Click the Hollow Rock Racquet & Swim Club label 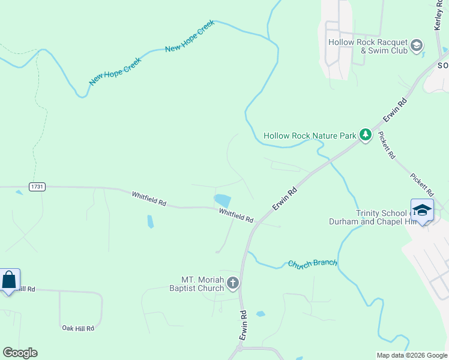pyautogui.click(x=367, y=46)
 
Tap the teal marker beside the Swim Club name pyautogui.click(x=417, y=45)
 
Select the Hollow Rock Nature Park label pyautogui.click(x=310, y=136)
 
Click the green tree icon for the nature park pyautogui.click(x=365, y=135)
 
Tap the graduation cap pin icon pyautogui.click(x=422, y=210)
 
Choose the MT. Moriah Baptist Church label pyautogui.click(x=202, y=284)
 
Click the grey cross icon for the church pyautogui.click(x=232, y=283)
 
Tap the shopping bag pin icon pyautogui.click(x=9, y=280)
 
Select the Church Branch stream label pyautogui.click(x=312, y=263)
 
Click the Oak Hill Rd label pyautogui.click(x=78, y=328)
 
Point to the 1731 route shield pyautogui.click(x=37, y=187)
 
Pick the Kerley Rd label pyautogui.click(x=438, y=16)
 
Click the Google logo pyautogui.click(x=20, y=353)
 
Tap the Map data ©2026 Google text pyautogui.click(x=411, y=355)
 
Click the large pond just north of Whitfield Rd pyautogui.click(x=222, y=200)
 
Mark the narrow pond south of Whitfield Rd pyautogui.click(x=149, y=221)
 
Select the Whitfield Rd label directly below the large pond pyautogui.click(x=236, y=215)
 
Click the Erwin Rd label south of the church pyautogui.click(x=243, y=326)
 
